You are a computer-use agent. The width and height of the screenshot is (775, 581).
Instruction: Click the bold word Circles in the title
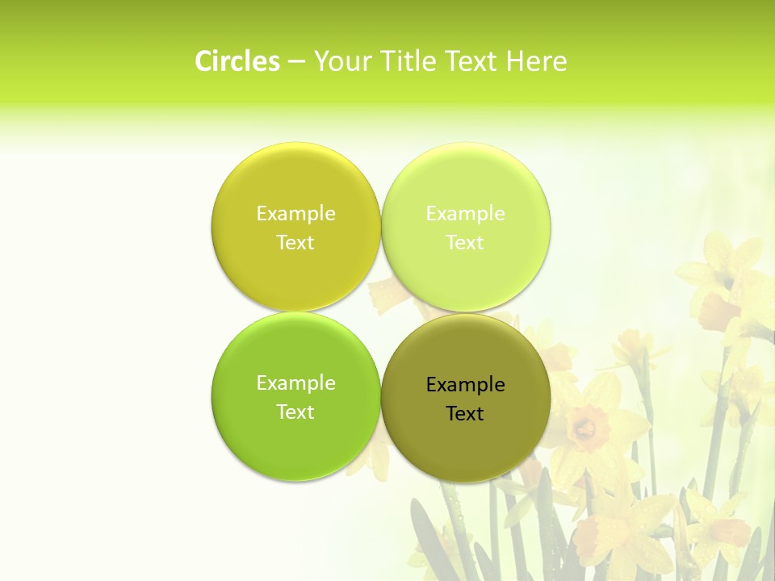tap(237, 61)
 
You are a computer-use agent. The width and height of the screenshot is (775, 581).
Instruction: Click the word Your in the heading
tap(339, 61)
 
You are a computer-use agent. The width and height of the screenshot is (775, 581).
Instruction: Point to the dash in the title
tap(296, 62)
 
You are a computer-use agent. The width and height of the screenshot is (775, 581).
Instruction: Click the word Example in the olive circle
tap(465, 385)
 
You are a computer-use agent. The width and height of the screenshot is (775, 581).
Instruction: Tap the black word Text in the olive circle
tap(465, 414)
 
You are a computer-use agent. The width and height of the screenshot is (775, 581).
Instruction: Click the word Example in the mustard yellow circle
tap(295, 214)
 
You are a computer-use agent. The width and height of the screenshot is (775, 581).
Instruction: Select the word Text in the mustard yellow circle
tap(295, 243)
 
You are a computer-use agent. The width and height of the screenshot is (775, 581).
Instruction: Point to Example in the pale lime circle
tap(465, 214)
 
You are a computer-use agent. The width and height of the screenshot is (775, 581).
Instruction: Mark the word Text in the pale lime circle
tap(465, 243)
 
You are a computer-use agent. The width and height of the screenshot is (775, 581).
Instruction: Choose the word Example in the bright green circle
tap(295, 383)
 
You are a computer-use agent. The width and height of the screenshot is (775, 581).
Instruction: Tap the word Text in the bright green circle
tap(295, 412)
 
